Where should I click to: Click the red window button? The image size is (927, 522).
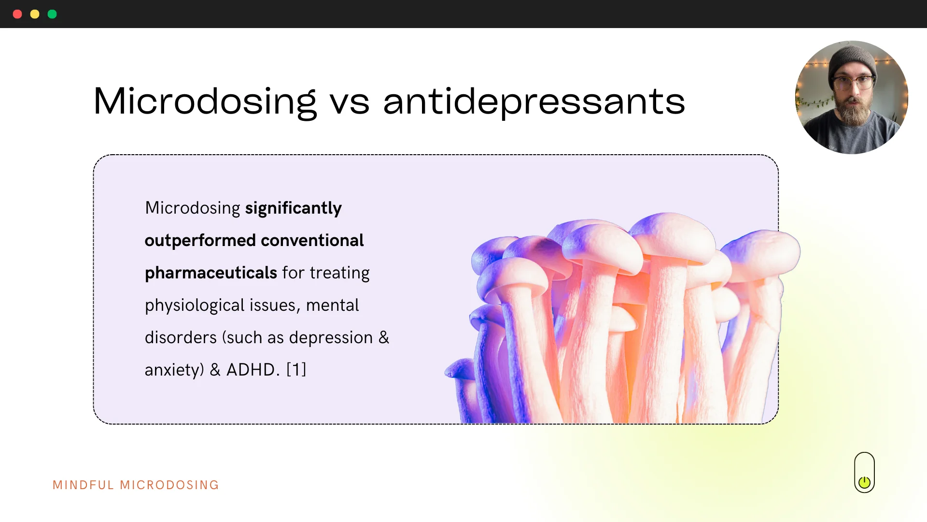coord(17,14)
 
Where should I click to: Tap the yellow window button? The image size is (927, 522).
coord(35,14)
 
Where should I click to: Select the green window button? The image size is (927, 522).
coord(52,14)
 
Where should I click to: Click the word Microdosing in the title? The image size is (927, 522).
coord(205,101)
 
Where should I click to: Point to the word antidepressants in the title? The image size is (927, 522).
coord(534,101)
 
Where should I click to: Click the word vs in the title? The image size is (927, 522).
coord(350,103)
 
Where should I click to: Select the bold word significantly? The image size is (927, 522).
coord(294,208)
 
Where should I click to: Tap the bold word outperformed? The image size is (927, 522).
coord(200,241)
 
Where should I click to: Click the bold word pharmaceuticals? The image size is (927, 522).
coord(211,273)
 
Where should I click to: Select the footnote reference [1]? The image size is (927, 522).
coord(296,370)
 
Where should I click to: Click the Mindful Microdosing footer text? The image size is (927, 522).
coord(136,485)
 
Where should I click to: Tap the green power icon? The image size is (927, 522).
coord(864,482)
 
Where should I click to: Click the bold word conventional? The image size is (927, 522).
coord(312,241)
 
